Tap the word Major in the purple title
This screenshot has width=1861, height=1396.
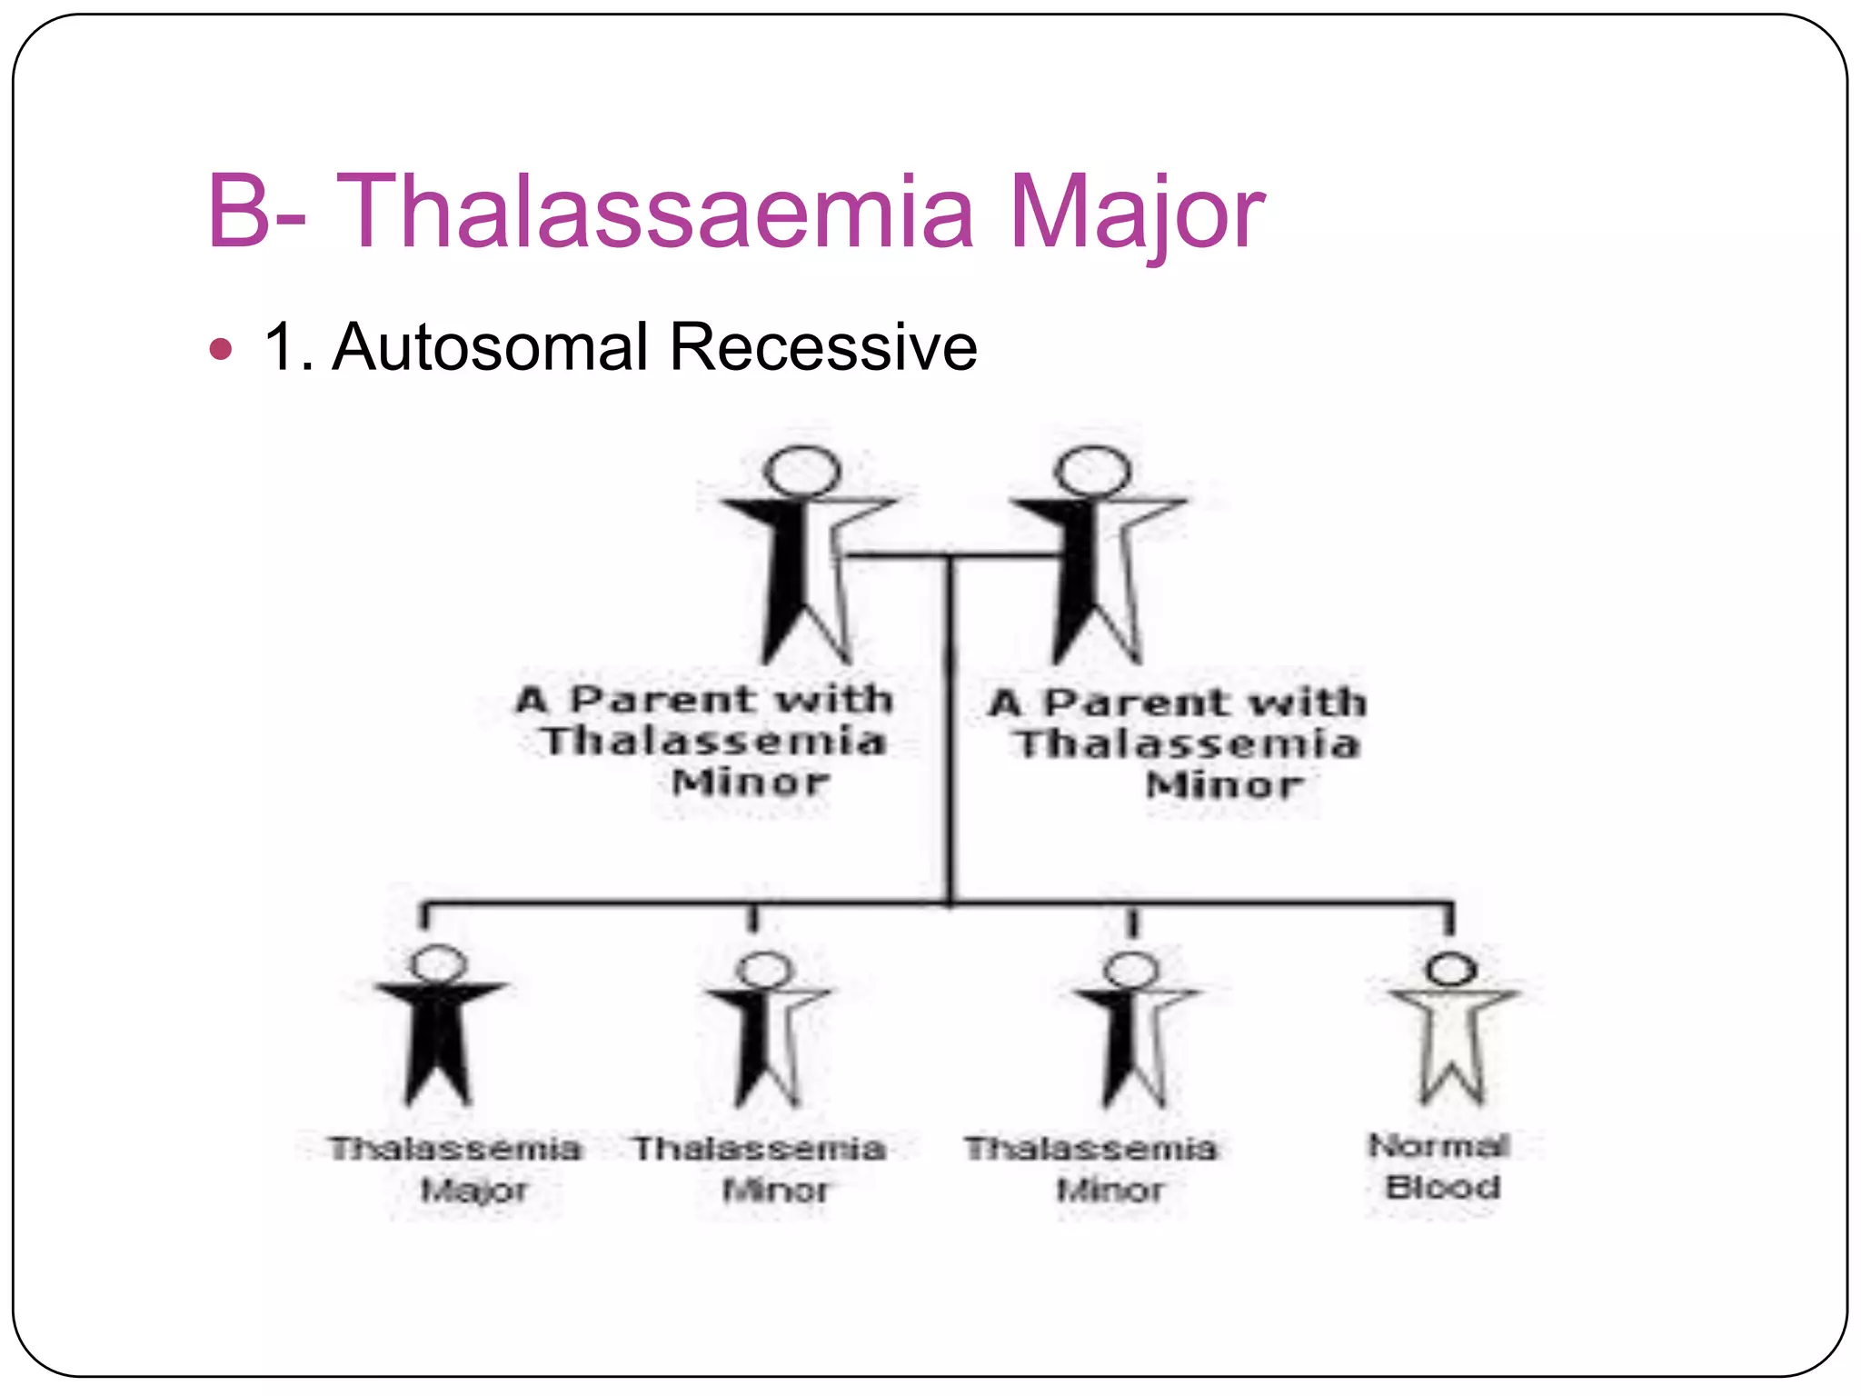(x=1136, y=214)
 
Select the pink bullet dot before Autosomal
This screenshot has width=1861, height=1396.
(x=221, y=349)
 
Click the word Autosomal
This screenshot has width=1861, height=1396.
(x=490, y=347)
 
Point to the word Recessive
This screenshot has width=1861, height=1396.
(x=822, y=347)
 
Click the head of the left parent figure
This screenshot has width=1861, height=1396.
(x=801, y=472)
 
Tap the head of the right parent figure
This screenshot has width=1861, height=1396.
(x=1092, y=472)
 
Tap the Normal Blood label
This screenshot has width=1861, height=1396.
(x=1440, y=1166)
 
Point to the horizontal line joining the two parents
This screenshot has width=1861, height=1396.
(x=950, y=554)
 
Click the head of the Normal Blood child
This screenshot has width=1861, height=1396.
(x=1451, y=968)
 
